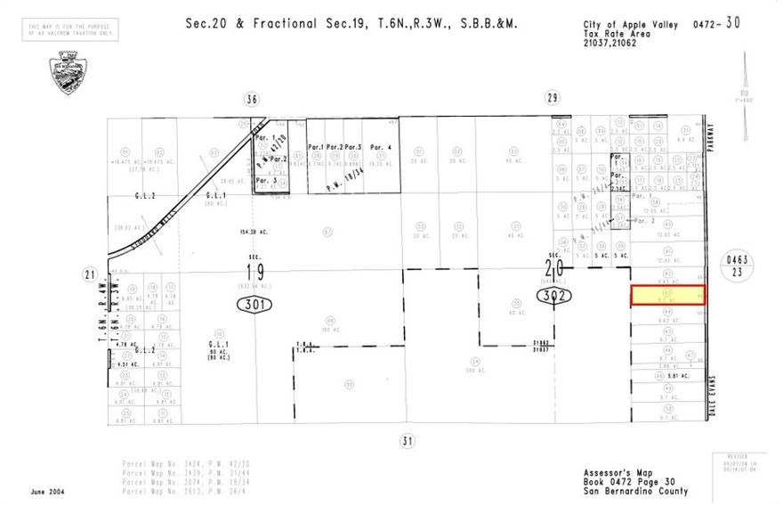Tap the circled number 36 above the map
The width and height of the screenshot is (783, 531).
(x=252, y=99)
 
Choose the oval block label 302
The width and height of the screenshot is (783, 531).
(x=554, y=295)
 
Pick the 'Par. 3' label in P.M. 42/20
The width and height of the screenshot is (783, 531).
(x=265, y=180)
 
